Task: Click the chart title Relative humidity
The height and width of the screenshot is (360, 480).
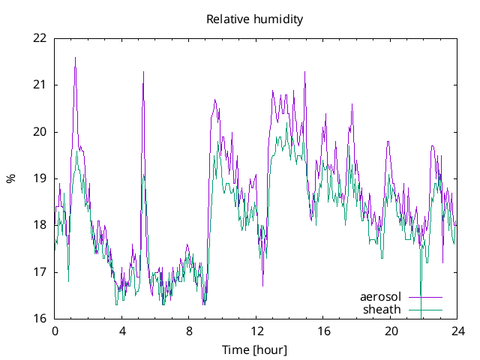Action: [x=255, y=19]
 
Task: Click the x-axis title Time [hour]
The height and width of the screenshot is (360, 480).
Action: [x=255, y=349]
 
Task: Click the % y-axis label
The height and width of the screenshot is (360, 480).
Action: [x=10, y=178]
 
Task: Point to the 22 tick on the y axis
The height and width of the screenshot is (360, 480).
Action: [x=40, y=38]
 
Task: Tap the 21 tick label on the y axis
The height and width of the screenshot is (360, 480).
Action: [x=40, y=85]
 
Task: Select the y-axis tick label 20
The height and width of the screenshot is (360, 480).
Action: [x=40, y=132]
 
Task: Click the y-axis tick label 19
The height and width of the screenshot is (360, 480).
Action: [x=40, y=178]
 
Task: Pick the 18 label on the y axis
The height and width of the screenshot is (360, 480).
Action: [x=40, y=225]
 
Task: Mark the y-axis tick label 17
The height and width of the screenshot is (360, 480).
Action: [x=40, y=272]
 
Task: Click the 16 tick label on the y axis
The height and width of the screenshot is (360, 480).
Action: [x=40, y=319]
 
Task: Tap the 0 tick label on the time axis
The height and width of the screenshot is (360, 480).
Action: [x=55, y=331]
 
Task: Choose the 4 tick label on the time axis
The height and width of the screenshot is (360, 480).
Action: [x=122, y=331]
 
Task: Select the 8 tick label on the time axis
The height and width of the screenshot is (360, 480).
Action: [x=189, y=331]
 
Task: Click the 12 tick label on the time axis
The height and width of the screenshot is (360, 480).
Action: [x=256, y=331]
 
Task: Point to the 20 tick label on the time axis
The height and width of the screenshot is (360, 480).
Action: [x=391, y=331]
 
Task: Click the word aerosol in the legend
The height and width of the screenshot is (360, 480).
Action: [x=381, y=297]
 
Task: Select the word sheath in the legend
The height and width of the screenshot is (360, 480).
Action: [x=382, y=309]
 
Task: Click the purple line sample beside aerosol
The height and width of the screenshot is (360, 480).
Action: [x=425, y=298]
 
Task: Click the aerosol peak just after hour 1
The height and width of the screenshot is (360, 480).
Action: [x=75, y=58]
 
